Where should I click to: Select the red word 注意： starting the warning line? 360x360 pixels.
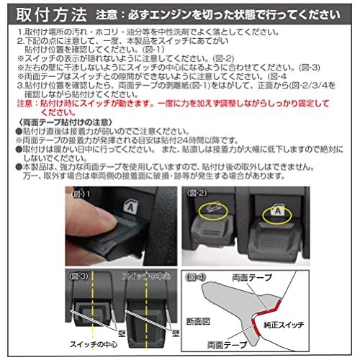(x=27, y=103)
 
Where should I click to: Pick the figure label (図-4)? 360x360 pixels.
(x=197, y=276)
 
